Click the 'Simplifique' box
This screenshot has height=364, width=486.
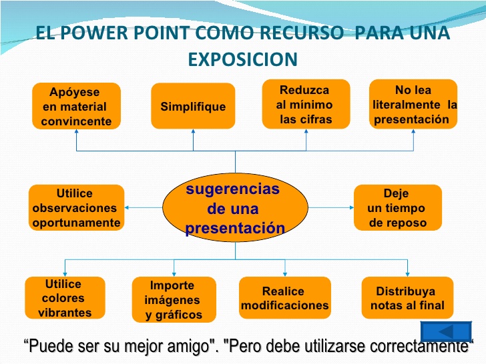(193, 106)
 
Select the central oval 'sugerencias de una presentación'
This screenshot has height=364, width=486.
(235, 209)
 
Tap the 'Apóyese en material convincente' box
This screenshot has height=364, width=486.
(76, 106)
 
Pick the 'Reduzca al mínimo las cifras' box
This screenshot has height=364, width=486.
(304, 104)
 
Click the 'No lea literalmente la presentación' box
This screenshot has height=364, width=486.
(414, 104)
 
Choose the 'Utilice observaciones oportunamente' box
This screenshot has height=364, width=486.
(76, 208)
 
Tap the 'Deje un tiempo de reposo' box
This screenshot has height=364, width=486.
(397, 208)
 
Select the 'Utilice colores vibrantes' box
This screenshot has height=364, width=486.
(65, 298)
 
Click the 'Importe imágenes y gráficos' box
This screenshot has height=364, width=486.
(173, 299)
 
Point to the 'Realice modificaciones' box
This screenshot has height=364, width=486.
(284, 298)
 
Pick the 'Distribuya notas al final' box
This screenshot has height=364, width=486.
(407, 298)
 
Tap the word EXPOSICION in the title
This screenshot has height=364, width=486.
(242, 60)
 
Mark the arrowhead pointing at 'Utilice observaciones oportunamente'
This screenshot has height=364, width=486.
(128, 207)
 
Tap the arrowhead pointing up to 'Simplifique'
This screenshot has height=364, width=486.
(193, 132)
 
